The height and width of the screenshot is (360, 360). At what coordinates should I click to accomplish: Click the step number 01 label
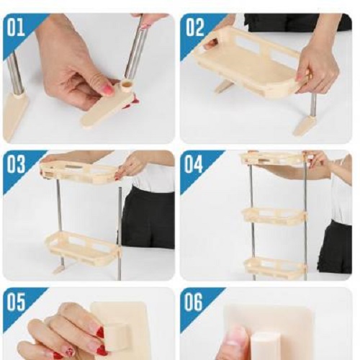(16, 27)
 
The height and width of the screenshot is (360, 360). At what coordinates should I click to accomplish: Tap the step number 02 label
(195, 27)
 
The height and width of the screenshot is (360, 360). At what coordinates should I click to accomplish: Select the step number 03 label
(16, 164)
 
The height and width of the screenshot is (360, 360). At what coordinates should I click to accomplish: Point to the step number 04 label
(194, 164)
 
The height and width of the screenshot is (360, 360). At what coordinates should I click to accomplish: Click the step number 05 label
(16, 302)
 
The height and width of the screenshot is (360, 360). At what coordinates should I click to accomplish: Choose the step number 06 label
(194, 302)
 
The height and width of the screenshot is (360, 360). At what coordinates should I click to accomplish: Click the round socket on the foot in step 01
(127, 86)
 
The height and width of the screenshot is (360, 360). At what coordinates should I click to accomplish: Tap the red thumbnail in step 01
(108, 90)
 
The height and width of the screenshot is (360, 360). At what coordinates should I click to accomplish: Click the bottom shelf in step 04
(276, 267)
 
